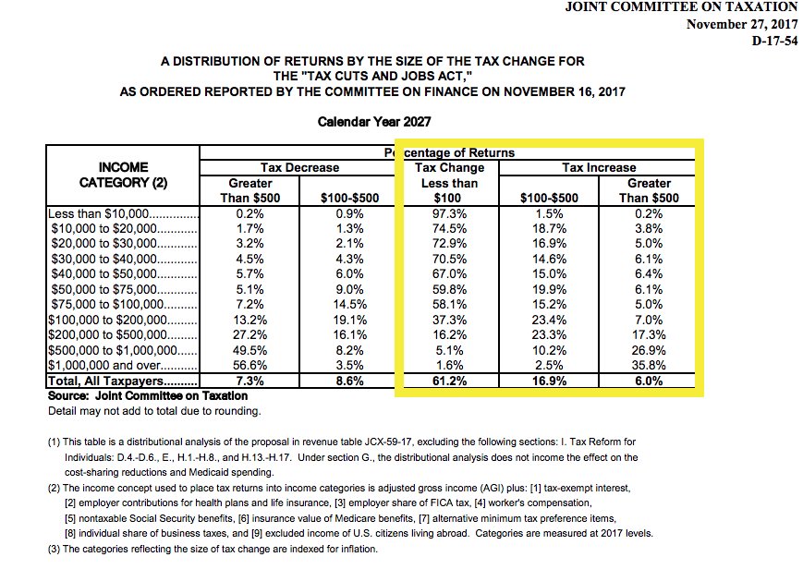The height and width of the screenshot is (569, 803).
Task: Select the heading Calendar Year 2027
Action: (373, 121)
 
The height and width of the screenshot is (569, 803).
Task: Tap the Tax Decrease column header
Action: (299, 167)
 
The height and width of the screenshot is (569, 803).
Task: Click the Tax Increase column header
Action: (599, 167)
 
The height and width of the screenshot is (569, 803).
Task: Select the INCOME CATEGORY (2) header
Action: (122, 175)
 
